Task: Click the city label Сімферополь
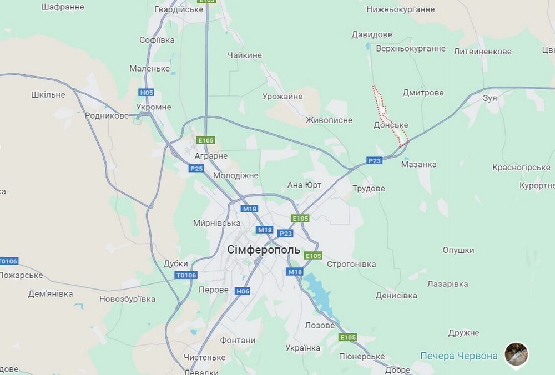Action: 264,250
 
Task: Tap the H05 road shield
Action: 147,93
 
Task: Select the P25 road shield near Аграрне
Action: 196,168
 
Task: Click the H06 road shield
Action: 243,291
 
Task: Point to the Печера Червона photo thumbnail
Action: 516,354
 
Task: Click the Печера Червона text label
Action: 458,356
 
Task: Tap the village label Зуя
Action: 490,98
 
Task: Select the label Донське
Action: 391,125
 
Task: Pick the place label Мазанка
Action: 418,164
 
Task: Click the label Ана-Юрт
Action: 304,185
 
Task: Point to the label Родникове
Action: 107,116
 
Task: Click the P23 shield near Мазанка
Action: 375,160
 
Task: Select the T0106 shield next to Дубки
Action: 186,275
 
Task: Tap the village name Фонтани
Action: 238,340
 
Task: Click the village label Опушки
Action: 458,250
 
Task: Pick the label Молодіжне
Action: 235,175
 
